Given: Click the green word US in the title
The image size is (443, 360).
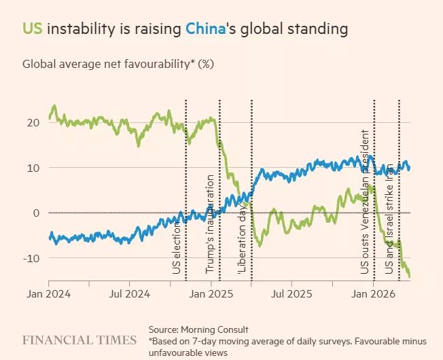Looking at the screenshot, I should (x=33, y=29).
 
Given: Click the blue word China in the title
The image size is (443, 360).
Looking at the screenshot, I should (x=205, y=29).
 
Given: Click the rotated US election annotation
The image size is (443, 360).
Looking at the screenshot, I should (x=177, y=248).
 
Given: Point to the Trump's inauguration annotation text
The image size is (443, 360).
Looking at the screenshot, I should (x=210, y=224).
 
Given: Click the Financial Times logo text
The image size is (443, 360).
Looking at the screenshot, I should (x=76, y=338).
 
